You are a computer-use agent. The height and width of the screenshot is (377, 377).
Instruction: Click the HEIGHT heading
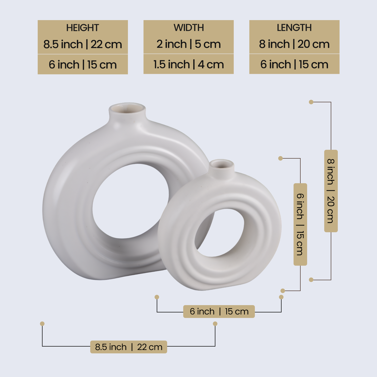pos(83,28)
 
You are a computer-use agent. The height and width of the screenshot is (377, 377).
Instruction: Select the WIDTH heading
pos(189,28)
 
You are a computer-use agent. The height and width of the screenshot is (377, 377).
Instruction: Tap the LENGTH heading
pos(294,28)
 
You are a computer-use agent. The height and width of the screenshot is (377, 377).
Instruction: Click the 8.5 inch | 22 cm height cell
pos(83,44)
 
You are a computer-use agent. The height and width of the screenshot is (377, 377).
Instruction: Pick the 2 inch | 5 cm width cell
pos(189,44)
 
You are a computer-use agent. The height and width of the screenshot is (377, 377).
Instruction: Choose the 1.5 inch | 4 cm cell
pos(189,65)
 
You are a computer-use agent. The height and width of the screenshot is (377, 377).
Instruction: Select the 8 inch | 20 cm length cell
pos(294,44)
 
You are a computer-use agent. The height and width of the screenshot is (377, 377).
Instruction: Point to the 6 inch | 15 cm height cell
pos(83,65)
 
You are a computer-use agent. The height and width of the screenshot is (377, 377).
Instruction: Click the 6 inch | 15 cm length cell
pos(294,65)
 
